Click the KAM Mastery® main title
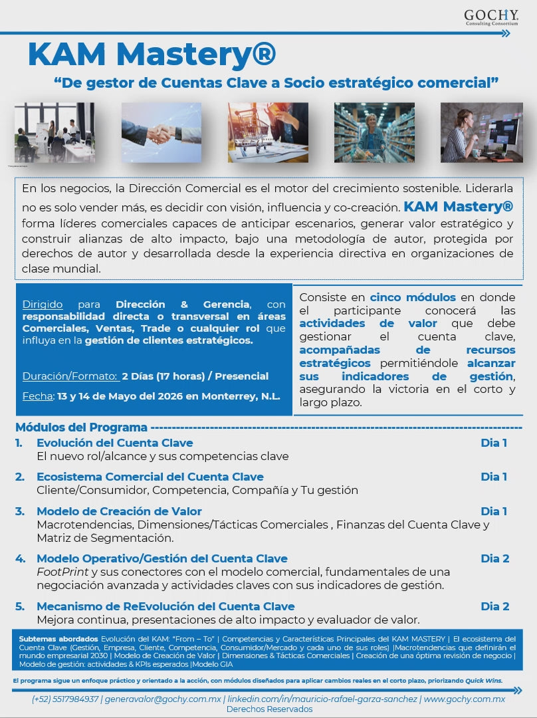click(152, 55)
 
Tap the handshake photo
click(161, 132)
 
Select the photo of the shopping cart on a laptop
click(268, 132)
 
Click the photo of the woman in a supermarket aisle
click(374, 132)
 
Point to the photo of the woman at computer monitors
click(481, 132)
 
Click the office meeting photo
click(54, 132)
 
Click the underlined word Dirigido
click(43, 304)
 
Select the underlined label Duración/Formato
click(70, 376)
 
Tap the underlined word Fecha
click(37, 396)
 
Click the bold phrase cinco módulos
click(413, 297)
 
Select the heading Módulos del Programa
click(81, 427)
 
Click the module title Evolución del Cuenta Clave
click(115, 443)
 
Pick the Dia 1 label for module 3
click(494, 511)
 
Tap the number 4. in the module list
click(21, 558)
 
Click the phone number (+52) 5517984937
click(66, 699)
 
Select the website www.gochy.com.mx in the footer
click(464, 699)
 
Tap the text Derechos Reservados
click(269, 709)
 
